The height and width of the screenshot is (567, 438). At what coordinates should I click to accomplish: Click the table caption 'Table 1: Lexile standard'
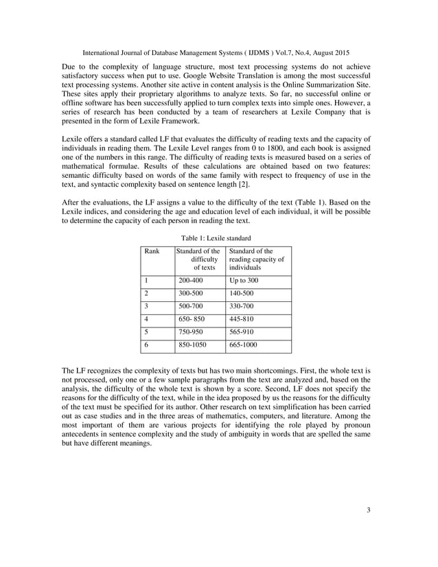pos(218,238)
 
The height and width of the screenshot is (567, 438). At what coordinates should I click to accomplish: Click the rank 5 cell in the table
pos(147,333)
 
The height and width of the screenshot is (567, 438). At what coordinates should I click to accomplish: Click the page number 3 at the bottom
pos(369,528)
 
